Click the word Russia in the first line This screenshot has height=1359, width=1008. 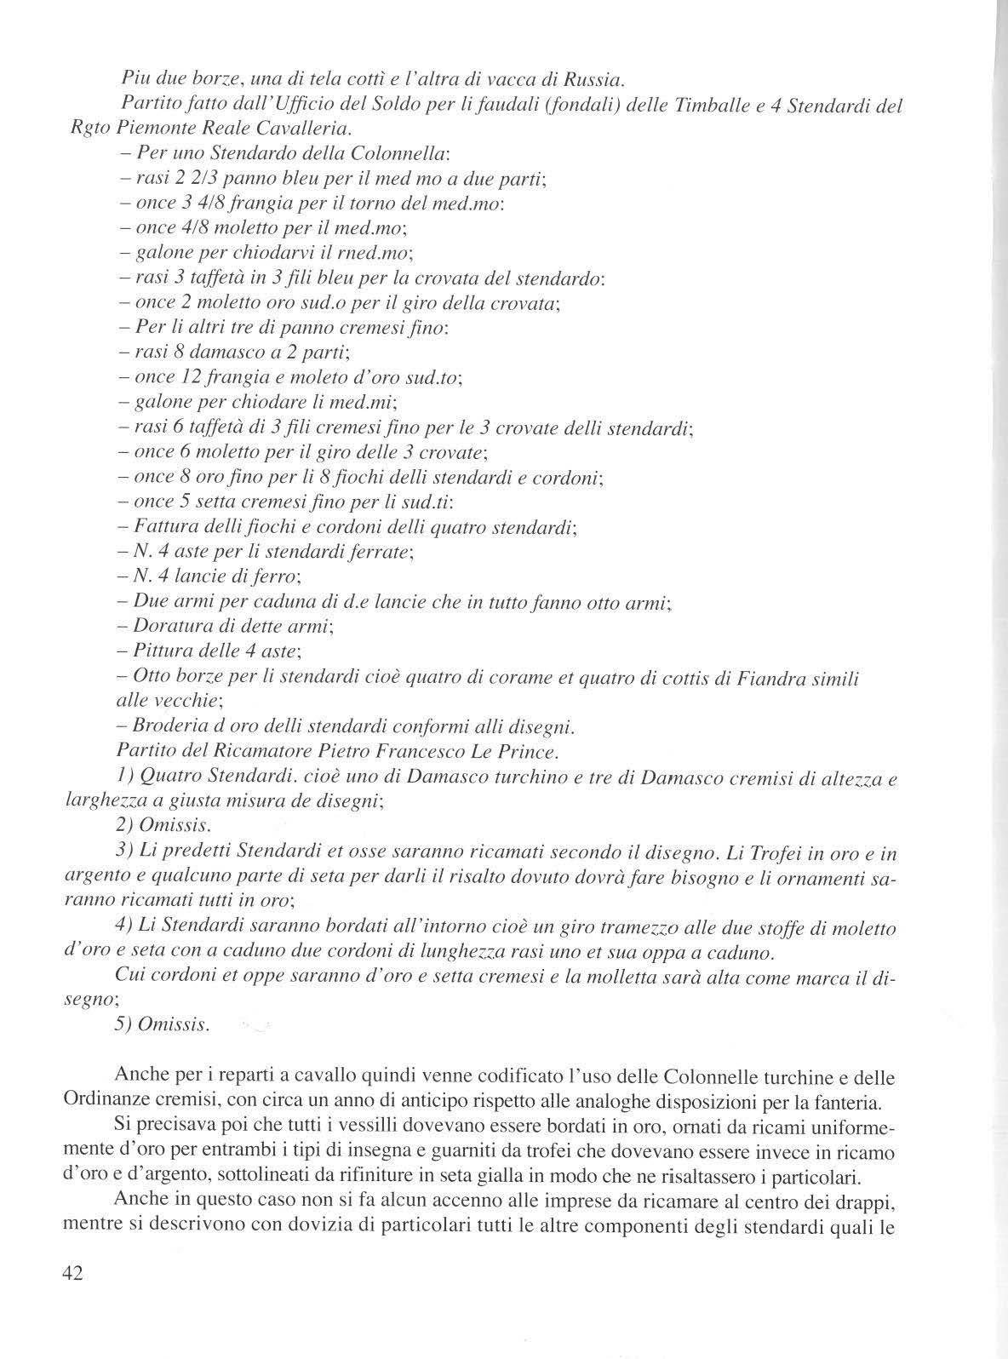[x=594, y=82]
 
